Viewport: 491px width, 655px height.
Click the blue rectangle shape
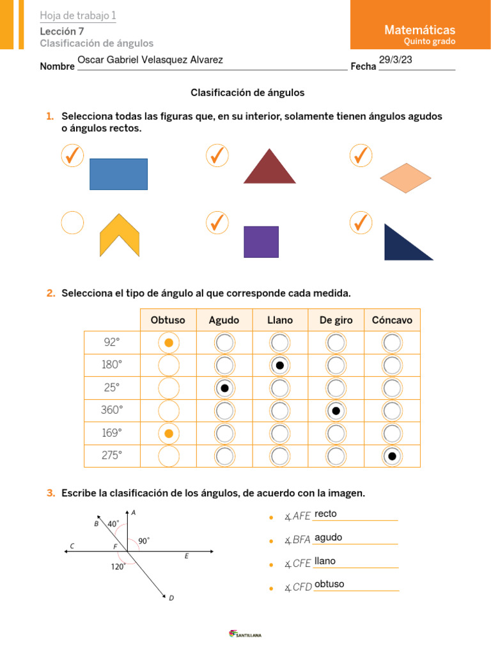pos(118,174)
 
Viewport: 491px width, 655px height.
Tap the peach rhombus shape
pos(406,178)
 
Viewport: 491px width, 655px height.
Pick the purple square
pos(261,242)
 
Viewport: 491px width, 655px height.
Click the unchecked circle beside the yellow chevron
pos(72,223)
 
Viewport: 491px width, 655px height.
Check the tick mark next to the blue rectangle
pos(72,155)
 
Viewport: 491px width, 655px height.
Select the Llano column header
pos(280,320)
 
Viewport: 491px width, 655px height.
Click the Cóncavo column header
pos(392,320)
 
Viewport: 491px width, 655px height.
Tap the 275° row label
pos(111,455)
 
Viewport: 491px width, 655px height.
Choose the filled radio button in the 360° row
pos(336,411)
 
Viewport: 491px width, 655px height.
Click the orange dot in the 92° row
pos(168,343)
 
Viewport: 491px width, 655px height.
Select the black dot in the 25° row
pos(224,388)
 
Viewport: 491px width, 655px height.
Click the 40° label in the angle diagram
pos(113,523)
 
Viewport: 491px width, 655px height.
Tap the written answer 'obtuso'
pos(329,584)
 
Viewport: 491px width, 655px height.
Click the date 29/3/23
pos(396,60)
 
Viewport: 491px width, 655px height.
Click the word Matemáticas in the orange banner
pos(419,30)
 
